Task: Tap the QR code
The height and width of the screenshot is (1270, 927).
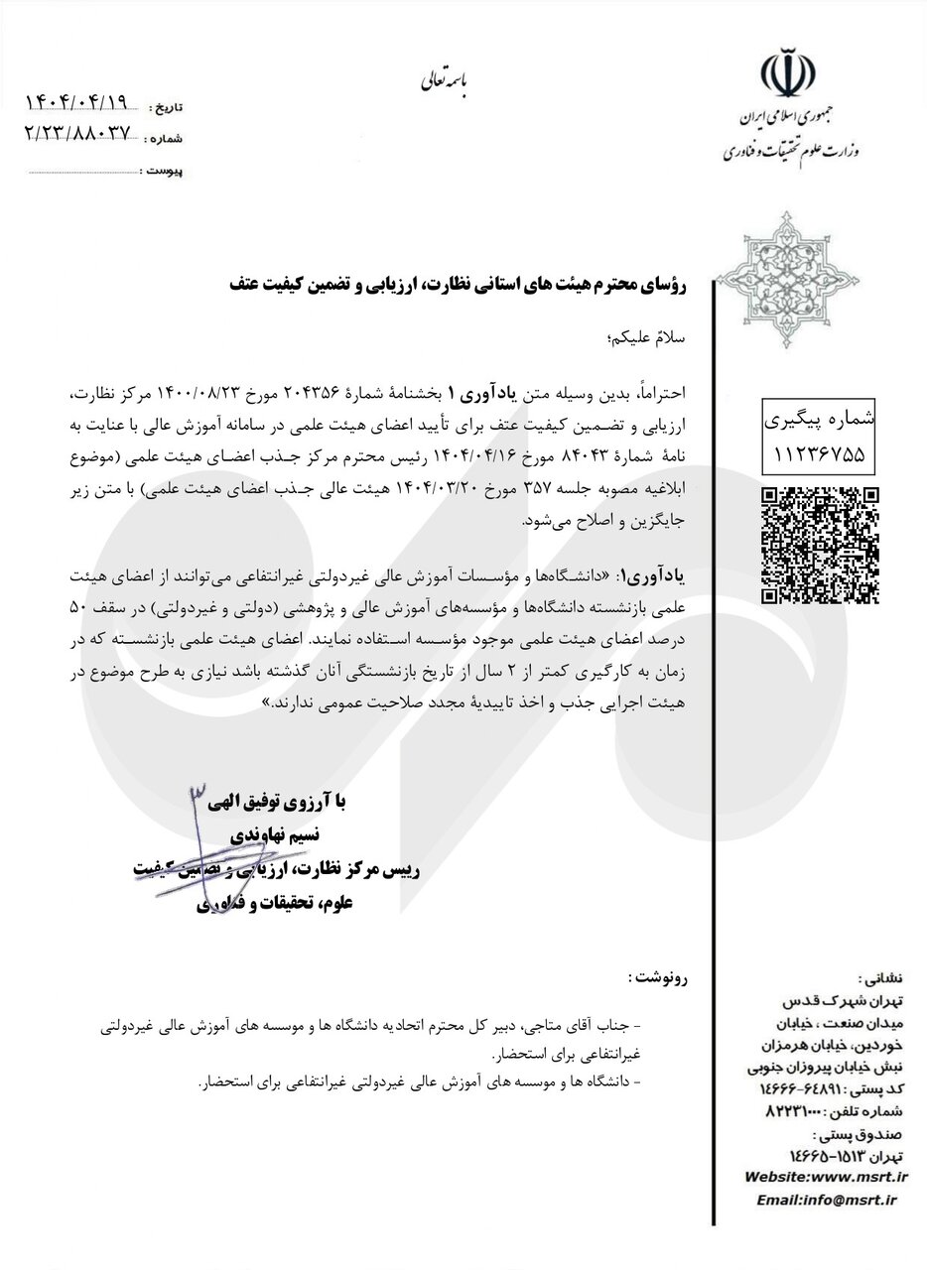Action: [x=820, y=546]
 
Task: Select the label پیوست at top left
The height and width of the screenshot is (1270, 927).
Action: [x=163, y=172]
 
